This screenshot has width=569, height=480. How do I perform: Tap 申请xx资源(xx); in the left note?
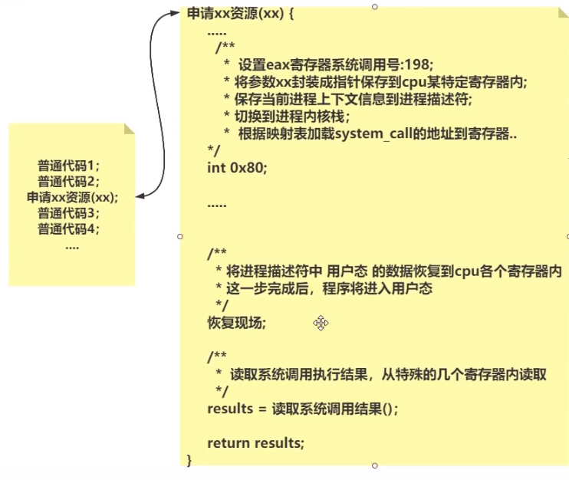tap(72, 197)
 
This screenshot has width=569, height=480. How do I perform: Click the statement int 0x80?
tap(237, 167)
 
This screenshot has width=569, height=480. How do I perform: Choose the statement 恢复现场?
tap(236, 323)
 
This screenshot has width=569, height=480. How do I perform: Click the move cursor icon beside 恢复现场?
tap(321, 323)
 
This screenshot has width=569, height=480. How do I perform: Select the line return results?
tap(255, 442)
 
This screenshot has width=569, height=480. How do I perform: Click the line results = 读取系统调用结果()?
tap(303, 409)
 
